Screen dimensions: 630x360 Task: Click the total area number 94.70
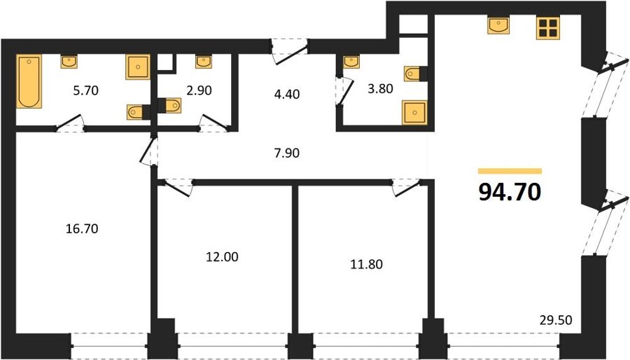[510, 192]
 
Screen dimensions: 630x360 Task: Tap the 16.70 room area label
[82, 228]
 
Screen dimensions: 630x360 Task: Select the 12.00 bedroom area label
[222, 256]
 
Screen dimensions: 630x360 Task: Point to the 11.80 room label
[366, 264]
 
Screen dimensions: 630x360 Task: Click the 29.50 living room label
[556, 320]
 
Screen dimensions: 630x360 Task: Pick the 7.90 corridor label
[286, 153]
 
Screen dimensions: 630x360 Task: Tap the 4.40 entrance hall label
[286, 94]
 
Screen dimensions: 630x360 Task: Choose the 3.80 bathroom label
[380, 88]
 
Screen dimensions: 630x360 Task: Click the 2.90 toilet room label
[199, 90]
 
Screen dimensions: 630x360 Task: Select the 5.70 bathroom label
[85, 90]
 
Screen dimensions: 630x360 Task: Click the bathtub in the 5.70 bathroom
[29, 81]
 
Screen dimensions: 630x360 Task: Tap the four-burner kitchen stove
[548, 28]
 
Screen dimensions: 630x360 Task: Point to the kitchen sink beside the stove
[498, 25]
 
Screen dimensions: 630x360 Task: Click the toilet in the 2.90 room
[169, 106]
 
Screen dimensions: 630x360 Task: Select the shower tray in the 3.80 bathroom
[414, 113]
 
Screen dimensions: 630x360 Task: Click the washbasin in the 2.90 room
[204, 62]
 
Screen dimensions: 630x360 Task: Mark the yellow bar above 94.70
[510, 171]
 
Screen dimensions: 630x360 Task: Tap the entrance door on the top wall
[289, 51]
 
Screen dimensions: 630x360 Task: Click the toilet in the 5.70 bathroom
[138, 112]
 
